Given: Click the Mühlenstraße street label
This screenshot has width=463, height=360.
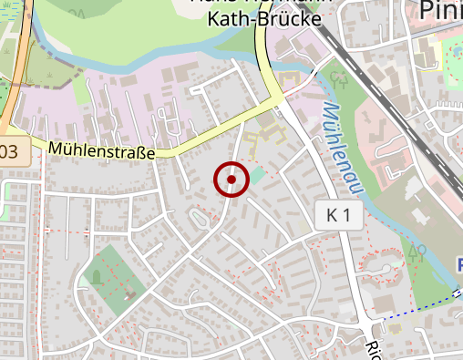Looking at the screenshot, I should click(101, 149).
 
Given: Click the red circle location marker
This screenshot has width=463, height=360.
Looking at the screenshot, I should click(231, 180).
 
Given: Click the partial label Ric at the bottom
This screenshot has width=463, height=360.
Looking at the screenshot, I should click(372, 350).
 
